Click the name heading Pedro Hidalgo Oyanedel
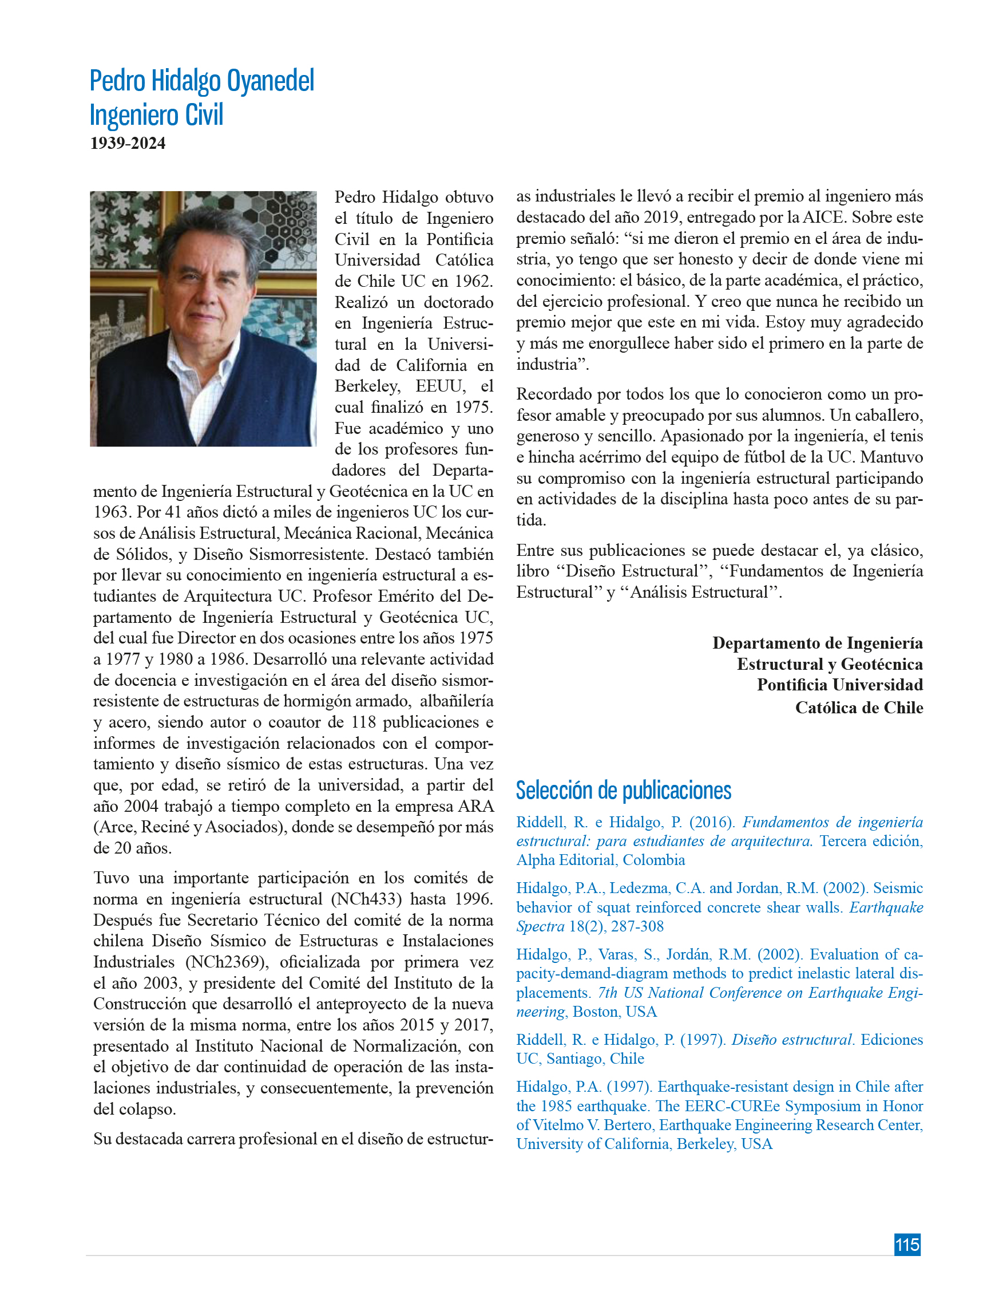201,81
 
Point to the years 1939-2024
128,144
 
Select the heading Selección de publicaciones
623,790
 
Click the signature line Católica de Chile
859,707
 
